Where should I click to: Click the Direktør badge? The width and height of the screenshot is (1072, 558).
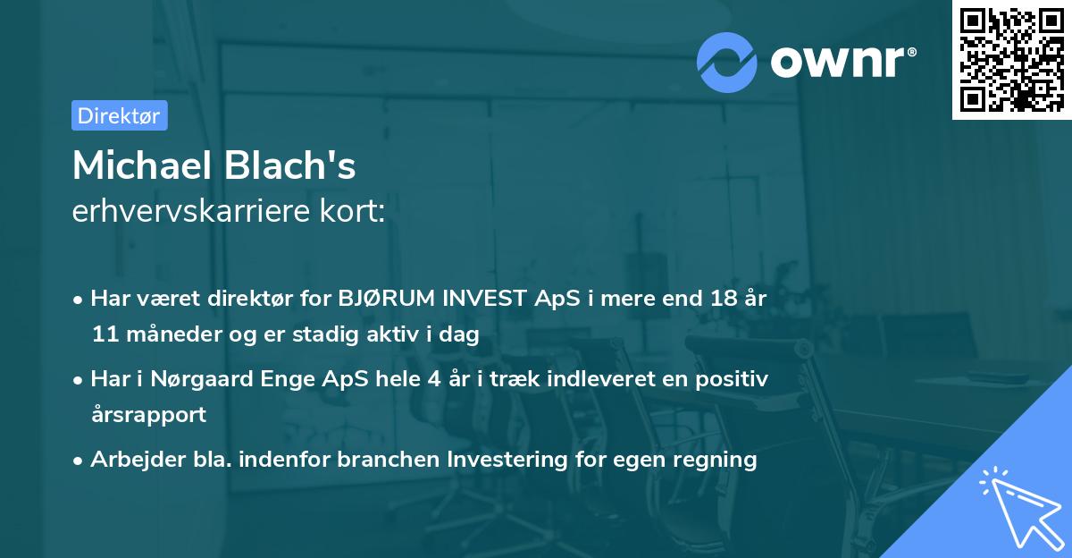[x=119, y=115]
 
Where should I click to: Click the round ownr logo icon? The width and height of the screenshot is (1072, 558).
[x=727, y=63]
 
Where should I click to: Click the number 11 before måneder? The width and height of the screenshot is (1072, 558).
[x=104, y=334]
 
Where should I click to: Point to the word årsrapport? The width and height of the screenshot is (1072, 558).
[x=148, y=414]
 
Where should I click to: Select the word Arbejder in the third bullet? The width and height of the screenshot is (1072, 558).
[x=130, y=460]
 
